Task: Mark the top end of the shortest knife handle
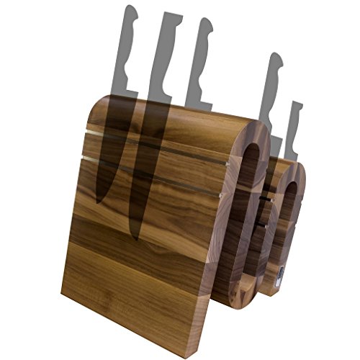click(297, 105)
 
